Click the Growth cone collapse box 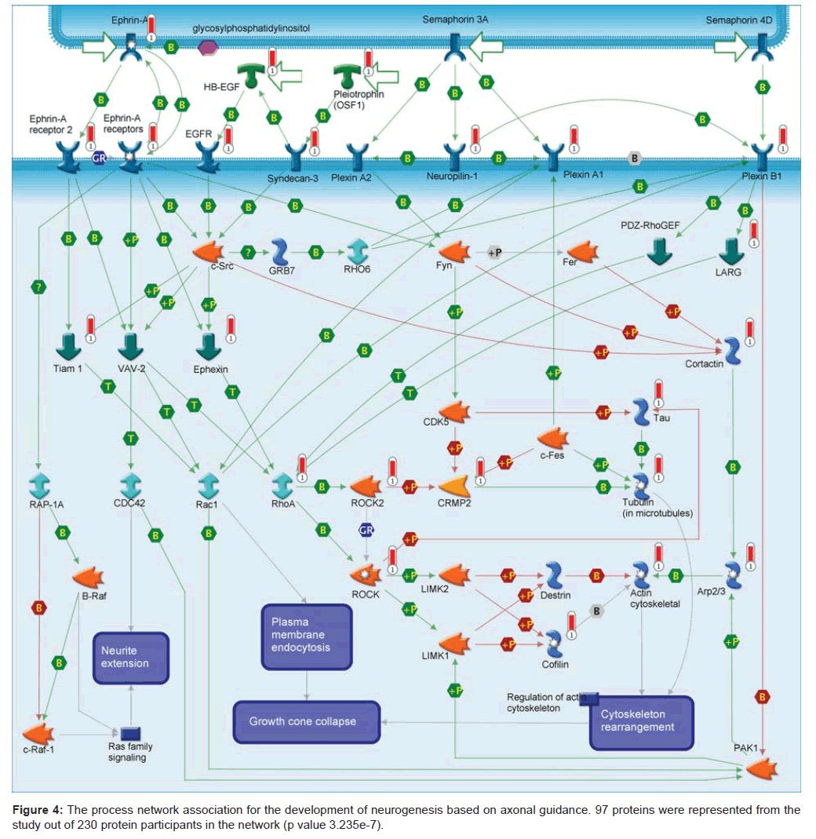coord(306,721)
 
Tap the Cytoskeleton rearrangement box coord(642,720)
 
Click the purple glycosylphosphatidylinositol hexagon coord(209,49)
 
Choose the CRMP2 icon coord(457,487)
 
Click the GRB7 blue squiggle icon coord(280,253)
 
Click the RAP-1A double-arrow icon coord(40,484)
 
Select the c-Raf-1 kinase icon coord(38,735)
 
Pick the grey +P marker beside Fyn coord(494,252)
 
